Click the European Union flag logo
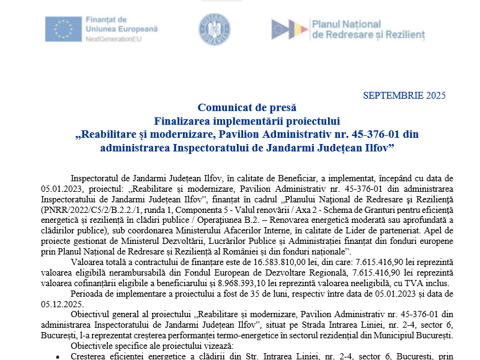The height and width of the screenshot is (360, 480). (63, 29)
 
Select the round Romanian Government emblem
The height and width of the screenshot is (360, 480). (215, 29)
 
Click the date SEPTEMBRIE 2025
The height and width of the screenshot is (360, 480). (404, 95)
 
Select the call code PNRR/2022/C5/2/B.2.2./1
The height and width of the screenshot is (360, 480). (89, 210)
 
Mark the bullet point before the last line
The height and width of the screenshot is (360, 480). (58, 356)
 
